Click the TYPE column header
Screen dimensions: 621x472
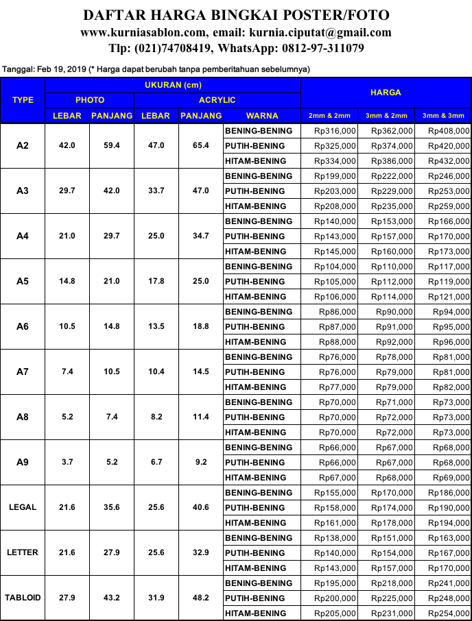[23, 100]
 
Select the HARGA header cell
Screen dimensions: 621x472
[386, 93]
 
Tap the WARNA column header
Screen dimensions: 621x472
[261, 115]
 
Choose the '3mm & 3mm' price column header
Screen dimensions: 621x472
[443, 115]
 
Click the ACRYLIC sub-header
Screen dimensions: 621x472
[217, 100]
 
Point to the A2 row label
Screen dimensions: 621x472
[23, 146]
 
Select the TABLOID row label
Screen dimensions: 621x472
[23, 598]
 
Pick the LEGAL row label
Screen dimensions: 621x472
[23, 507]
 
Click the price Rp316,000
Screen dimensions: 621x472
[335, 131]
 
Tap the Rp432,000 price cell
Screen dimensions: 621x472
[449, 161]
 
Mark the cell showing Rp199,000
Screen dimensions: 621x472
[335, 176]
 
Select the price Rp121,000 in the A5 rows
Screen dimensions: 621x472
[449, 297]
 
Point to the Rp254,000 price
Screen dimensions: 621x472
[449, 613]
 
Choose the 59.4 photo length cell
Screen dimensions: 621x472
[111, 146]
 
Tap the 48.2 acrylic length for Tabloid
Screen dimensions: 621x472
[200, 598]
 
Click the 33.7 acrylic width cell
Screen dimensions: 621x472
[155, 191]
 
